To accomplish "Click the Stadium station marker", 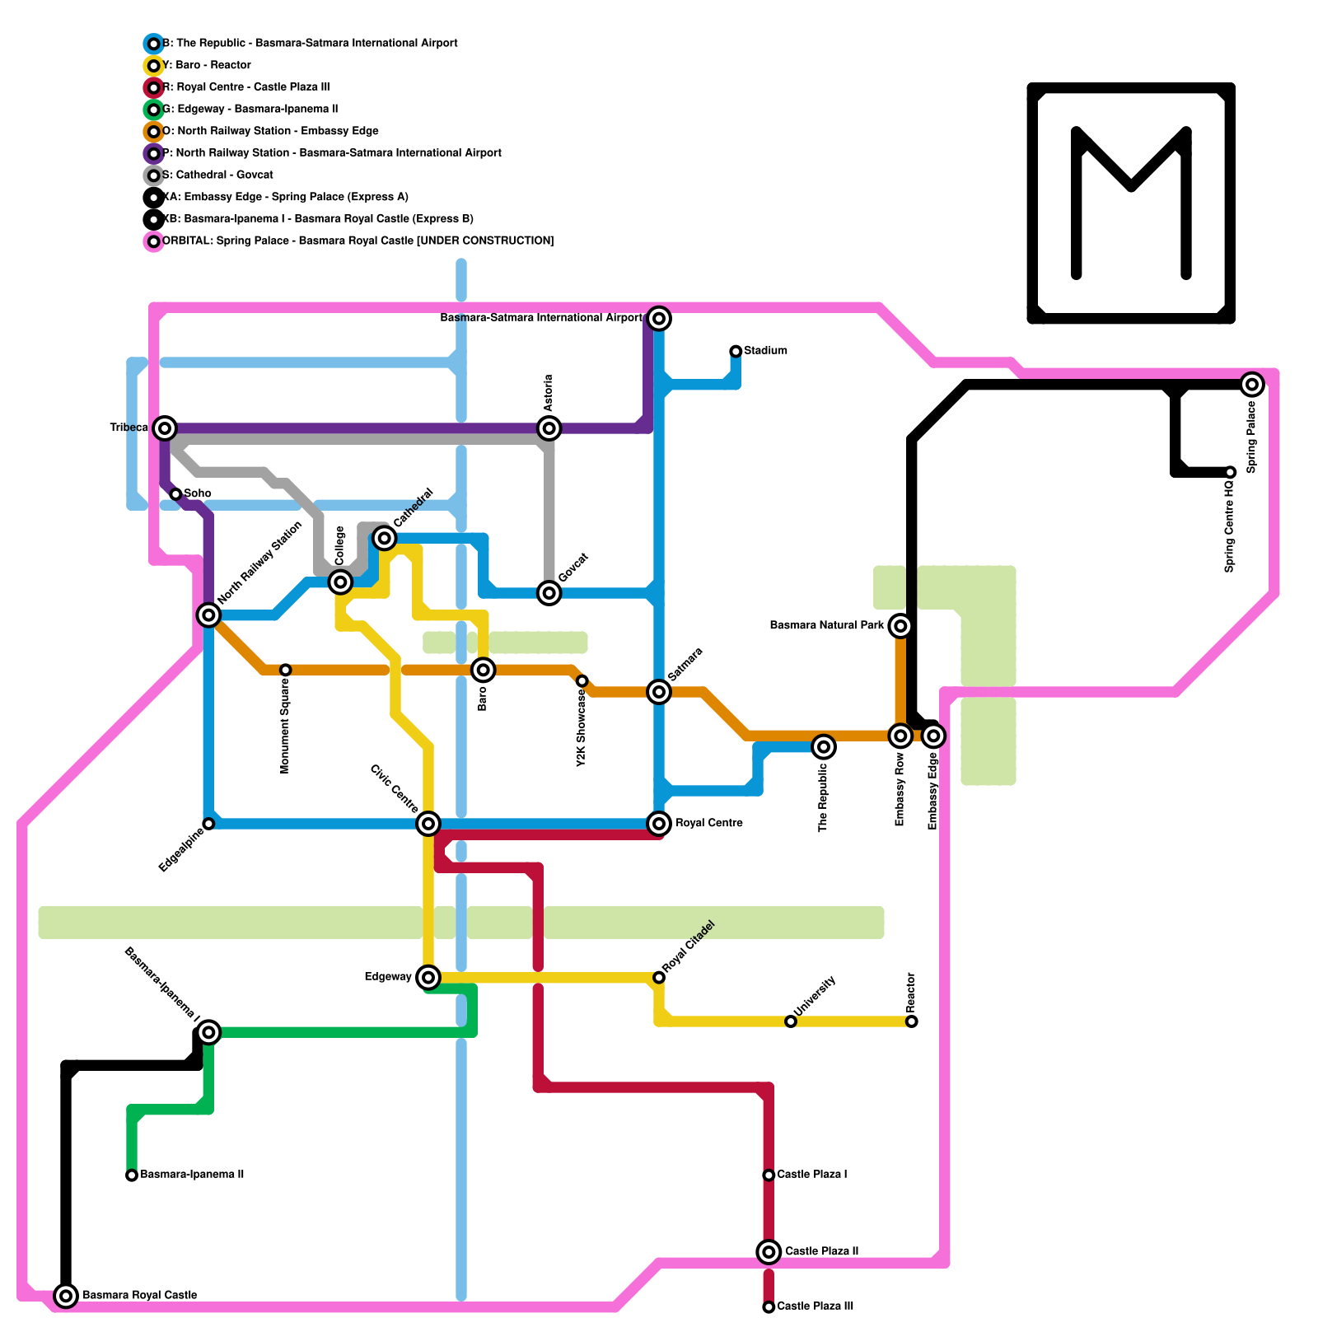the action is [x=736, y=352].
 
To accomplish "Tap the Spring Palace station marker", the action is [x=1252, y=384].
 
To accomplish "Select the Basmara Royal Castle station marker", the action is [x=66, y=1296].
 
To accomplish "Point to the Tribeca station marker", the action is [x=166, y=428].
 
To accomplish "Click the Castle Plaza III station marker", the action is [x=769, y=1307].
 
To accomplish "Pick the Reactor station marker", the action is [x=912, y=1021].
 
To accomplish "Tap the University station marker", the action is [x=791, y=1021].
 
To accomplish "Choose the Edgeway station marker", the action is [x=428, y=978].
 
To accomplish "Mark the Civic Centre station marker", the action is [x=428, y=823].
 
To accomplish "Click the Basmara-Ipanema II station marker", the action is [x=132, y=1175].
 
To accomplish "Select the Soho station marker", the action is [x=175, y=494].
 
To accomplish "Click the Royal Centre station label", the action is [x=709, y=823].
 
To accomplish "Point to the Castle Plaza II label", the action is [x=821, y=1251].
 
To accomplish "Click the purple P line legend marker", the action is [x=153, y=153].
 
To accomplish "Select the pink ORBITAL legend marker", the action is [x=153, y=241].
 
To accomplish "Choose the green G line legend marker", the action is [x=153, y=110].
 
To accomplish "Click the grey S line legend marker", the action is [x=153, y=175].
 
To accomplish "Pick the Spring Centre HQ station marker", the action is [x=1230, y=472].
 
